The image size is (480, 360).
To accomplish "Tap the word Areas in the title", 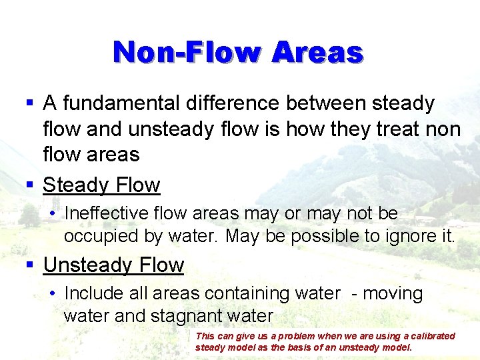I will [317, 51].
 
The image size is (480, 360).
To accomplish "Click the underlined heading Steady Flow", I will [101, 185].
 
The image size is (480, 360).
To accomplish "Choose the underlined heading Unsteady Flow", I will [113, 265].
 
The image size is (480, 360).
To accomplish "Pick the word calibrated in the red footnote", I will [431, 336].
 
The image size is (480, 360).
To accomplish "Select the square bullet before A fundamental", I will [29, 104].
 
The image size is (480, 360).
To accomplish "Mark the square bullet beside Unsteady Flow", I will [29, 265].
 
